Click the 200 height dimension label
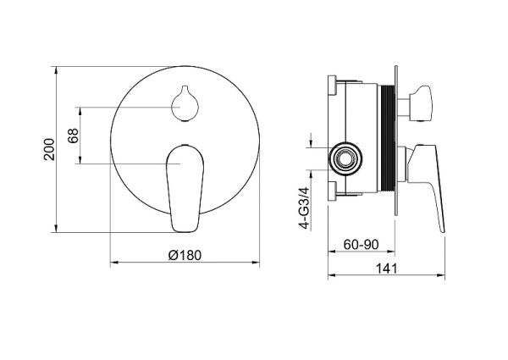[x=49, y=149]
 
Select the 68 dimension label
[x=74, y=136]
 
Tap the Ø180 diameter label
[x=185, y=255]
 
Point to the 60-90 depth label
[x=361, y=245]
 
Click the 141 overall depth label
[x=387, y=269]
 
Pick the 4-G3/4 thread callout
[x=306, y=208]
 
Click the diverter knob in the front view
[x=185, y=103]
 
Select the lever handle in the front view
[x=185, y=189]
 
